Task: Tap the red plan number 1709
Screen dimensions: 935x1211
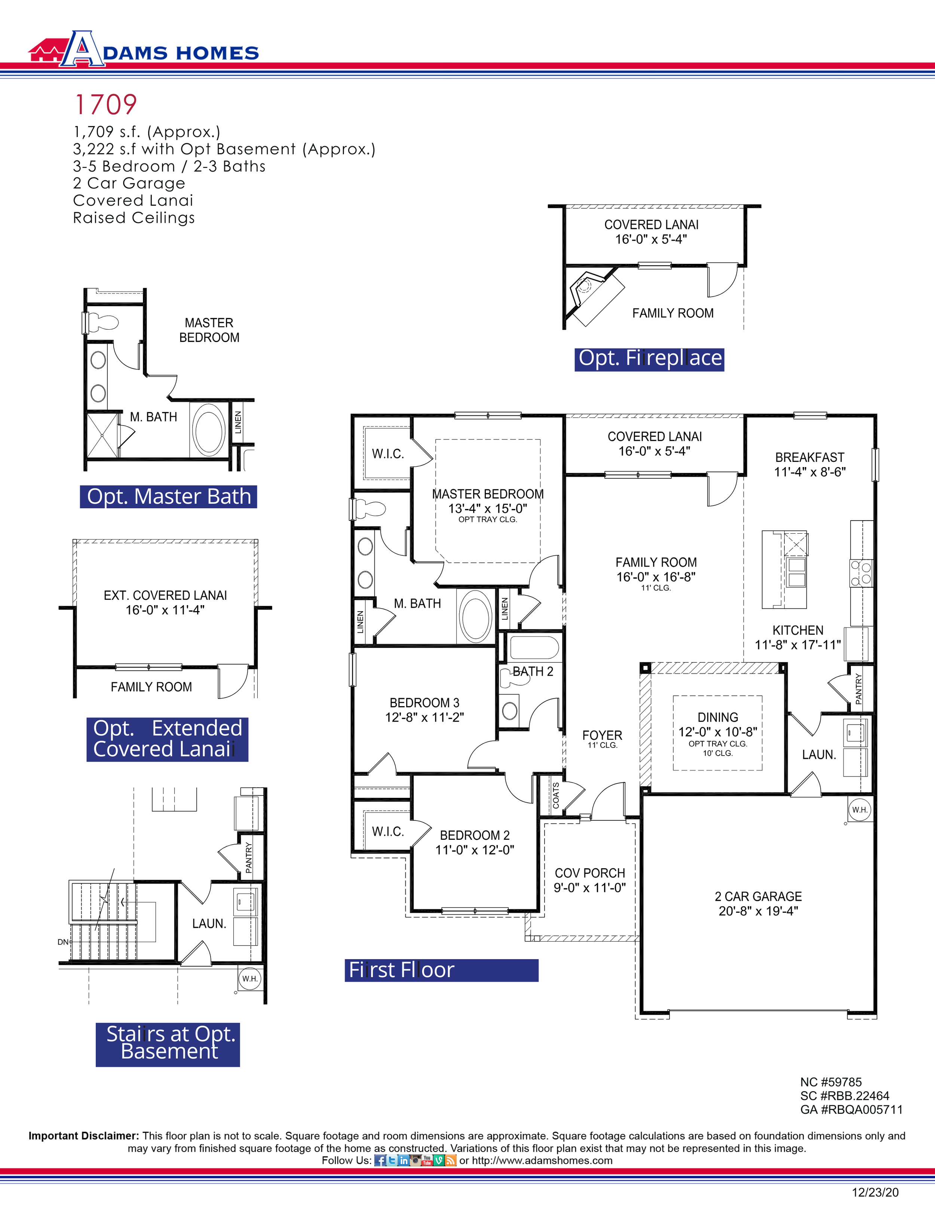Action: pyautogui.click(x=105, y=105)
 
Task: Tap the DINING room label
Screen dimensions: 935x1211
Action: pyautogui.click(x=718, y=717)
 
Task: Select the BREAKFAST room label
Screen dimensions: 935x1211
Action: pyautogui.click(x=809, y=457)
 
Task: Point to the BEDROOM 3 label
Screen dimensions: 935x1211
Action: pyautogui.click(x=424, y=703)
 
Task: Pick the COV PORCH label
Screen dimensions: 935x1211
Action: pyautogui.click(x=590, y=873)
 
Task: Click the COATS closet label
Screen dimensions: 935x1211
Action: pyautogui.click(x=556, y=795)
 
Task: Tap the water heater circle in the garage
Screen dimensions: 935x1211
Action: pyautogui.click(x=859, y=810)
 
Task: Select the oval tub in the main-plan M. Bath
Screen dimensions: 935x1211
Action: pyautogui.click(x=475, y=616)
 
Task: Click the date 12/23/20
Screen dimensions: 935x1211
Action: pyautogui.click(x=875, y=1192)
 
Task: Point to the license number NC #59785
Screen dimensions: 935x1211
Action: pyautogui.click(x=830, y=1082)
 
